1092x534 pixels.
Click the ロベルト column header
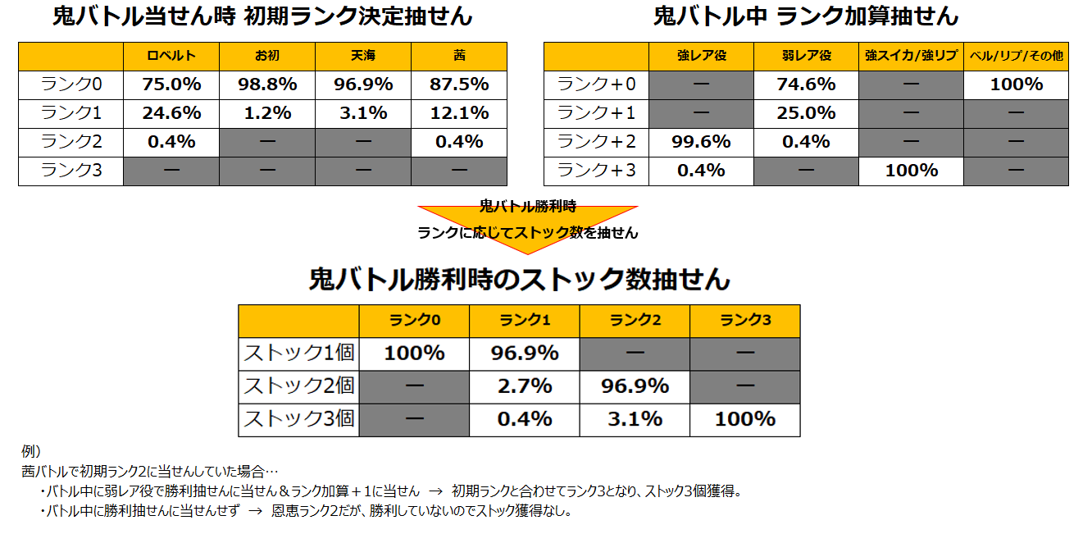click(171, 56)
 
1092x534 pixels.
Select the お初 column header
click(267, 56)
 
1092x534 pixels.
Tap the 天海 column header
click(363, 56)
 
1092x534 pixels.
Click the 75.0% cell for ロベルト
click(171, 84)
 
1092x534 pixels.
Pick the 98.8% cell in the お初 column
click(267, 84)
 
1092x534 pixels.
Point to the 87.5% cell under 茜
click(459, 84)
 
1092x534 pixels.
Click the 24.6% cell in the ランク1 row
click(171, 112)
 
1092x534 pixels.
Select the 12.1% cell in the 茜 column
click(459, 112)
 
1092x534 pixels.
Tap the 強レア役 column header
click(702, 56)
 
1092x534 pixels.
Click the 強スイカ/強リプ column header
click(911, 56)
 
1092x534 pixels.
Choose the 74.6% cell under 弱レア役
click(806, 84)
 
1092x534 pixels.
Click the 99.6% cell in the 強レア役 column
click(702, 141)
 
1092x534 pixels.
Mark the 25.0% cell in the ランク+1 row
click(806, 112)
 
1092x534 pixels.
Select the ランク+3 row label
click(596, 170)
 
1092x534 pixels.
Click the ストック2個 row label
click(298, 386)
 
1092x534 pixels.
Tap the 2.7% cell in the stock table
click(525, 386)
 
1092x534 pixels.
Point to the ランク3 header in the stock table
click(744, 321)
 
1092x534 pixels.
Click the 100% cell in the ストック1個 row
click(414, 354)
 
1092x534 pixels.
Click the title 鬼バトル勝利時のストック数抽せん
click(519, 280)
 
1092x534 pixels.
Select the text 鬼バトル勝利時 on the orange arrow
click(527, 207)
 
